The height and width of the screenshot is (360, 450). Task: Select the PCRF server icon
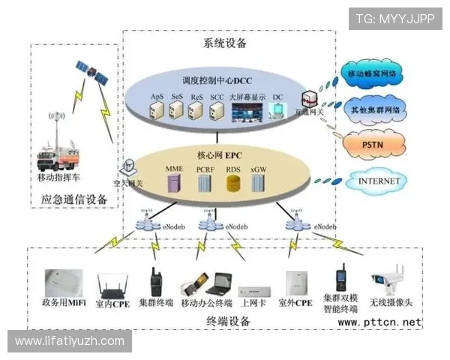coord(205,184)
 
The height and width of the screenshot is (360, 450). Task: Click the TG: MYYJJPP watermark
coord(394,18)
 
